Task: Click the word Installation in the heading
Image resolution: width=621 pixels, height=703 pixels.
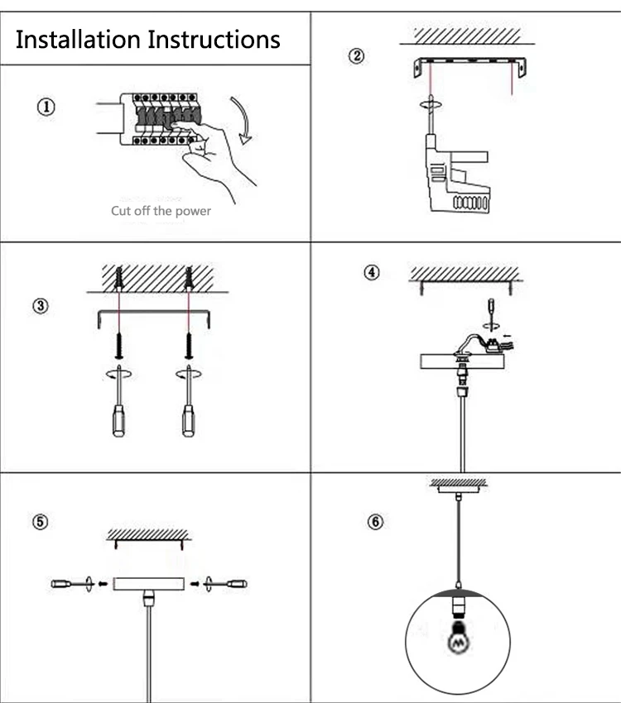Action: (x=79, y=39)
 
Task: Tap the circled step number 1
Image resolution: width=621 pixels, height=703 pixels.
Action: (x=47, y=107)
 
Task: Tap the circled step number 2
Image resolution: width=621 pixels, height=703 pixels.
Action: (x=356, y=57)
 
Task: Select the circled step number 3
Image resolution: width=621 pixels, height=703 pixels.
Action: (x=40, y=305)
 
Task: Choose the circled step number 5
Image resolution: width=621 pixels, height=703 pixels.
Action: (x=40, y=522)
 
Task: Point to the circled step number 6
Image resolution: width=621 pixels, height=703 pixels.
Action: (x=378, y=523)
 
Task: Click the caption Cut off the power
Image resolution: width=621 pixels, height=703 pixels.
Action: (x=161, y=211)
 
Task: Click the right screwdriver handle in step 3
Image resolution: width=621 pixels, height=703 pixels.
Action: (x=189, y=422)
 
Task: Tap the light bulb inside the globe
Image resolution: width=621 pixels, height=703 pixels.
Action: (x=456, y=641)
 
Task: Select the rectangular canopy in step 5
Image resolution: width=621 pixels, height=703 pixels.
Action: (x=149, y=584)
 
